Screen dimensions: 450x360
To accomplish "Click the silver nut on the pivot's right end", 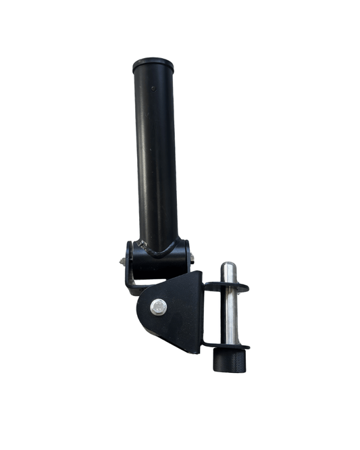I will click(x=192, y=257).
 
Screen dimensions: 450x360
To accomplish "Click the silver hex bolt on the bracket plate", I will click(x=158, y=306).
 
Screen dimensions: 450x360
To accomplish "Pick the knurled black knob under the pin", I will click(x=226, y=360).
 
